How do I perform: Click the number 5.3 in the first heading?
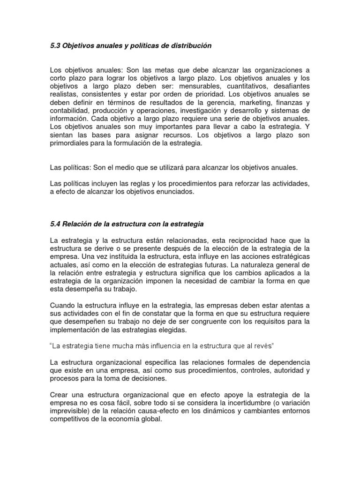[55, 45]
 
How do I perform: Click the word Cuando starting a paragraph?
[63, 306]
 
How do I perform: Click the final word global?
[150, 419]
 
